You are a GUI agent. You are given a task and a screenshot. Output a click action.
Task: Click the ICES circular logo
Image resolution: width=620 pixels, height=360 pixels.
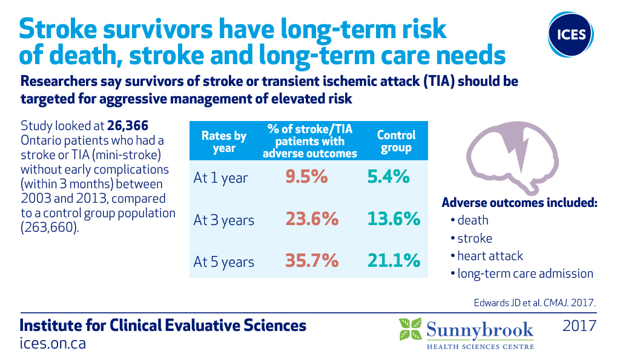click(x=570, y=34)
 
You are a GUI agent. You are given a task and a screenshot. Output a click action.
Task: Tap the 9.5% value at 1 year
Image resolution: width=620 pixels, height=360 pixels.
click(x=306, y=177)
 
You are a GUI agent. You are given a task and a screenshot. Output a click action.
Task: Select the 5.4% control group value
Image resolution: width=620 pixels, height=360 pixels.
click(x=388, y=177)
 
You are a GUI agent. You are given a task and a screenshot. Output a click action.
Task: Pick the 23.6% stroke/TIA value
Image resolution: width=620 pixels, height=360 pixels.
click(x=312, y=219)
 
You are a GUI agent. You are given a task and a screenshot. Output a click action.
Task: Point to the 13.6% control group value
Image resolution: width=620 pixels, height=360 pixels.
click(x=394, y=219)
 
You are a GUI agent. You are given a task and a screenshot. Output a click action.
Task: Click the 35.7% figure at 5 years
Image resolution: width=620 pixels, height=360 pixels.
click(x=312, y=261)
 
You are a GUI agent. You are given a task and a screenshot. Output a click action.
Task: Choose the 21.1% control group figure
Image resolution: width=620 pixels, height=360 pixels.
click(x=394, y=261)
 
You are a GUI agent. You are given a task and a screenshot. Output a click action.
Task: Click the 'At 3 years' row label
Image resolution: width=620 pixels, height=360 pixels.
click(x=224, y=220)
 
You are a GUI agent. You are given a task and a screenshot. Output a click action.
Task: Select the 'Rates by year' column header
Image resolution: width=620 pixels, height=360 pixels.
click(x=224, y=142)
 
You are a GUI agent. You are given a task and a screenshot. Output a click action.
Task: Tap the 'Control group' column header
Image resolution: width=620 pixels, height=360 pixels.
click(x=396, y=141)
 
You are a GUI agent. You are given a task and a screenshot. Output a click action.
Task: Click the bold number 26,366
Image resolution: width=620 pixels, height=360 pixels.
click(x=128, y=126)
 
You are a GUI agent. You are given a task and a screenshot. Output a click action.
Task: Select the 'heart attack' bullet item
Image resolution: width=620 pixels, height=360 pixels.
click(x=487, y=256)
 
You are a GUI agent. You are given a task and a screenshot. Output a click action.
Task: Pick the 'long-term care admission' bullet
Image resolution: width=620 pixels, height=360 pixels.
click(x=522, y=273)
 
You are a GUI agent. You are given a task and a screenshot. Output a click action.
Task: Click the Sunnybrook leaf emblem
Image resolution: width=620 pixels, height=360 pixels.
click(x=410, y=329)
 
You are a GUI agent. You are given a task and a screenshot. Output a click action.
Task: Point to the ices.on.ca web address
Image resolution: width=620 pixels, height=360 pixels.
click(x=53, y=344)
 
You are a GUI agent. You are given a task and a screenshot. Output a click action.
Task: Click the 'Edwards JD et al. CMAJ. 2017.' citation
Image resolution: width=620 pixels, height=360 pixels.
click(x=535, y=303)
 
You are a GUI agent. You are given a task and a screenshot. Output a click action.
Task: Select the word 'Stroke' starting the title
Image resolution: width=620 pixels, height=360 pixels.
click(x=58, y=28)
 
